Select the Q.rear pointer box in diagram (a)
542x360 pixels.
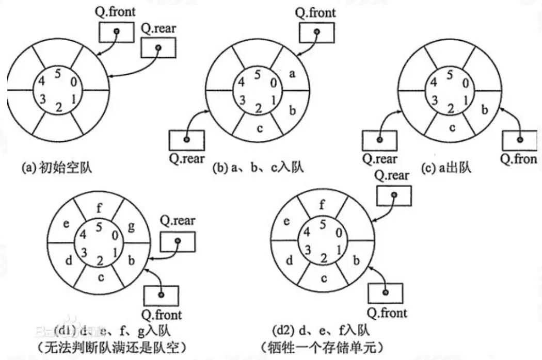[157, 48]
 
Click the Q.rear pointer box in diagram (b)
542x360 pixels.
[187, 140]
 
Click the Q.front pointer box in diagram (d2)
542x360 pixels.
[385, 292]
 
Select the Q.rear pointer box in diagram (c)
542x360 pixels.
[379, 140]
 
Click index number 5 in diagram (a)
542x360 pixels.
[57, 73]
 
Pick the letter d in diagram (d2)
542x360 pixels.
[290, 259]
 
